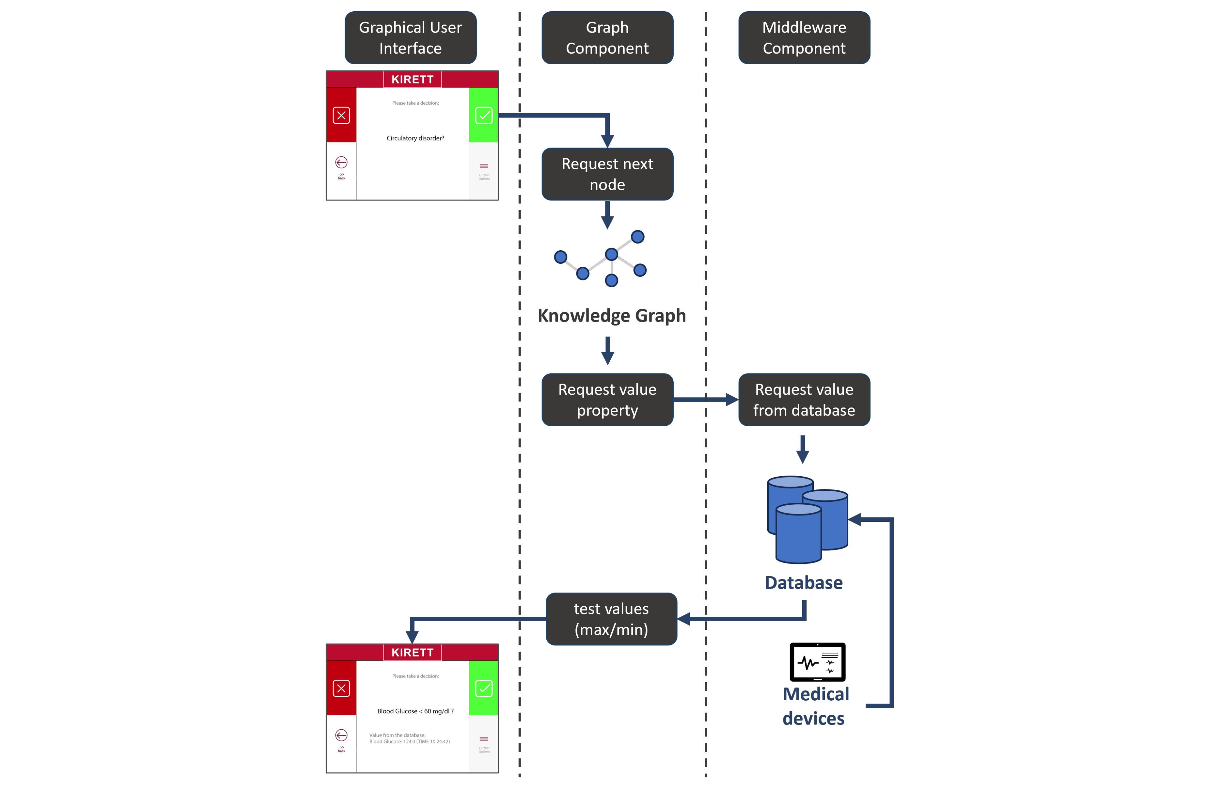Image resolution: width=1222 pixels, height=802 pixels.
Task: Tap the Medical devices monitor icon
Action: (817, 662)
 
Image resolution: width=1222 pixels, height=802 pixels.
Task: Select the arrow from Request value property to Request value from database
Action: (706, 399)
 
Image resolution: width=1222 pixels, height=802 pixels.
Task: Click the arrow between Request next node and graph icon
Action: (607, 215)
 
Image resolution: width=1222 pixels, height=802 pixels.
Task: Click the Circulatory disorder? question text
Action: (415, 138)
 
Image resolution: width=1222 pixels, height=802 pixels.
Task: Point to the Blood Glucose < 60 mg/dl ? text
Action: (415, 711)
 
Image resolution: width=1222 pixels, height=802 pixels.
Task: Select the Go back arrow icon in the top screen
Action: (341, 163)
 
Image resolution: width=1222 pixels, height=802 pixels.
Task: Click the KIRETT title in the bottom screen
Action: (412, 653)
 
